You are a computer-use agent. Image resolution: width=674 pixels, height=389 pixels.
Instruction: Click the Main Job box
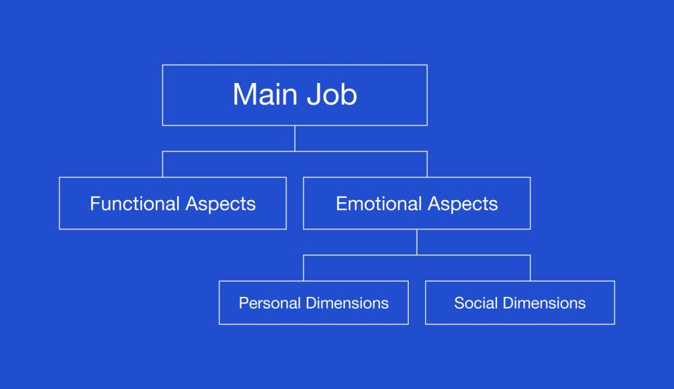[295, 95]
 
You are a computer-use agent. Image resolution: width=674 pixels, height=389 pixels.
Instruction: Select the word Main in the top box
[265, 94]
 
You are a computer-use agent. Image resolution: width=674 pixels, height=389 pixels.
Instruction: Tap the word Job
[332, 94]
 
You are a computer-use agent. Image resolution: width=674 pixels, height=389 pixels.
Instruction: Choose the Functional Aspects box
[173, 203]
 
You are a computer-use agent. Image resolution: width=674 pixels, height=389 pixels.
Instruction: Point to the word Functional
[134, 203]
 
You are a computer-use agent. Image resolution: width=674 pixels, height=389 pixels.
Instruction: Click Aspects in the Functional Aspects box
[220, 204]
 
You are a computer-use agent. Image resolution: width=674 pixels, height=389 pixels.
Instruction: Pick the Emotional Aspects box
[417, 203]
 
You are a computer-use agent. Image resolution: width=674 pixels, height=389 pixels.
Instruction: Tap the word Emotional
[378, 203]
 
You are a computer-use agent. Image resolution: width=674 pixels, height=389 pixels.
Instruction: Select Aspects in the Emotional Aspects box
[463, 204]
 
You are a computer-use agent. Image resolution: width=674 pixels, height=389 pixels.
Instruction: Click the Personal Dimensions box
[314, 303]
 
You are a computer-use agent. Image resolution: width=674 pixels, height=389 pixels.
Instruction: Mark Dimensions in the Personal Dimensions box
[348, 303]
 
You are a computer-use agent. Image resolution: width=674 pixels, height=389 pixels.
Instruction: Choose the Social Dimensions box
[520, 303]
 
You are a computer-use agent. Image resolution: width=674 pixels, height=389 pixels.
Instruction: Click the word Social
[476, 303]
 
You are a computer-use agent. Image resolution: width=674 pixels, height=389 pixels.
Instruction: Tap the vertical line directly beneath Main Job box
[295, 138]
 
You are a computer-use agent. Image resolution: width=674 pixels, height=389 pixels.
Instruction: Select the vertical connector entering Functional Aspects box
[163, 164]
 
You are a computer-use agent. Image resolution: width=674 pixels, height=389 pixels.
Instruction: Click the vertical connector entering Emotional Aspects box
[427, 164]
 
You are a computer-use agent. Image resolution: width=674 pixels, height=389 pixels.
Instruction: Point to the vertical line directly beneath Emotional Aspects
[417, 242]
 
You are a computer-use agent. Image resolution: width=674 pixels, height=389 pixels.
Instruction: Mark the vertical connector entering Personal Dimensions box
[303, 268]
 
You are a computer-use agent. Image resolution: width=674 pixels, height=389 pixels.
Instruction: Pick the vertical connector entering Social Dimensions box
[531, 268]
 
